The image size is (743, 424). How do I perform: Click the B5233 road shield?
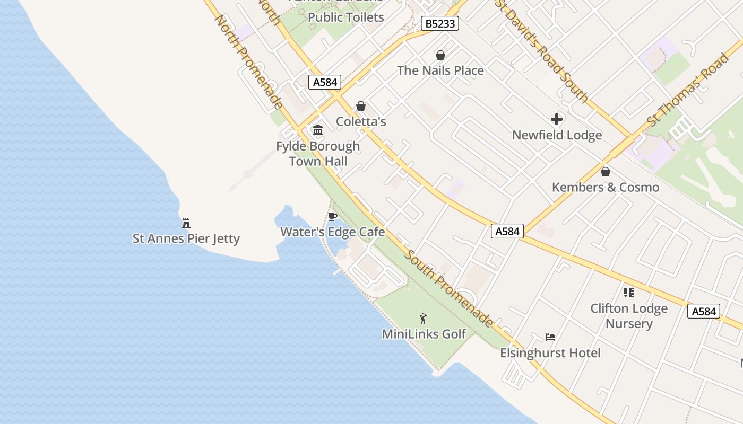click(x=439, y=23)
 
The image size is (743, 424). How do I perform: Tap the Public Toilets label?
click(x=345, y=17)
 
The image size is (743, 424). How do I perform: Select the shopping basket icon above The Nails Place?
click(x=440, y=55)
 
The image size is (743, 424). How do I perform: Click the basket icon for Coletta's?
click(x=361, y=106)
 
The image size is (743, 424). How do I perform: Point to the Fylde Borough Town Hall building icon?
click(x=318, y=130)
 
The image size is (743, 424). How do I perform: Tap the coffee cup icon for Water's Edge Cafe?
click(x=333, y=216)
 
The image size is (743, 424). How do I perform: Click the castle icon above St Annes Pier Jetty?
click(x=186, y=223)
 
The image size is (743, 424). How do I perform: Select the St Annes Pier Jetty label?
click(x=186, y=238)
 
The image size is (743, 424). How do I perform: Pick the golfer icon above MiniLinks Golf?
click(x=423, y=319)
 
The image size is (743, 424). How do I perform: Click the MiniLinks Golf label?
click(x=424, y=334)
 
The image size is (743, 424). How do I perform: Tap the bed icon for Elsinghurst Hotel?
click(x=550, y=337)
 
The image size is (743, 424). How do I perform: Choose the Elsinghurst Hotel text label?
click(x=550, y=353)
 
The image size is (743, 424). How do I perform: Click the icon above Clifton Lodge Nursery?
click(x=629, y=292)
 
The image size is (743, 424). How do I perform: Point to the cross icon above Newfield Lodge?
click(x=557, y=119)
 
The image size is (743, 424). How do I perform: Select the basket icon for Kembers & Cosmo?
click(x=605, y=172)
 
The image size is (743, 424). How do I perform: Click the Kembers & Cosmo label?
click(x=605, y=187)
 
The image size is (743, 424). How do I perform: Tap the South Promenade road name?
click(x=448, y=288)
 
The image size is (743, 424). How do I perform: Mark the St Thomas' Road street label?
click(x=688, y=90)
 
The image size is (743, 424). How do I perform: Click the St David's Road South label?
click(x=542, y=50)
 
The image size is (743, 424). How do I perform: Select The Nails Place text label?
click(x=440, y=70)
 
